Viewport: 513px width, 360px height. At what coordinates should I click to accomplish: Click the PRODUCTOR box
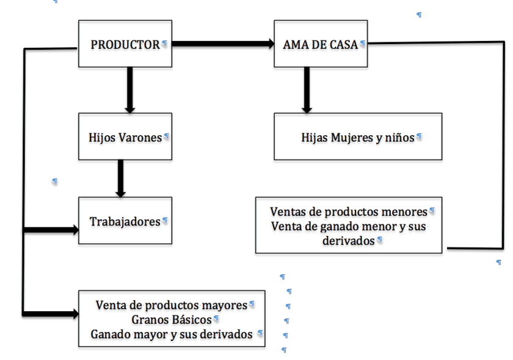[x=125, y=44]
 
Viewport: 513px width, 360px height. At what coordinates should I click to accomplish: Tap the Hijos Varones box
[x=125, y=137]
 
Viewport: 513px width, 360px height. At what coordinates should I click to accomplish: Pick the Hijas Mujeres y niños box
[x=358, y=137]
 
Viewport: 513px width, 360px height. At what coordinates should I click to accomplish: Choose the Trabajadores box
[x=125, y=221]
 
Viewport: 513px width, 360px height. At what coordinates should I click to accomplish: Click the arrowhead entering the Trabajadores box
[x=75, y=230]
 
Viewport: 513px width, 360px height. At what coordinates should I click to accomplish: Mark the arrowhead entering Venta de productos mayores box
[x=75, y=314]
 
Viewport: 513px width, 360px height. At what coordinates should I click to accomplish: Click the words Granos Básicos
[x=171, y=320]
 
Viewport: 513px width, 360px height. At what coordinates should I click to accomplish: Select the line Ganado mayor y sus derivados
[x=172, y=334]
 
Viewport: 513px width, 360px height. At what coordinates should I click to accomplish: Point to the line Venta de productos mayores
[x=172, y=305]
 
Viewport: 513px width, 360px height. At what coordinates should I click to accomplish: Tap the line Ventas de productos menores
[x=348, y=212]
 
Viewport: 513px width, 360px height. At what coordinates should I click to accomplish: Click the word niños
[x=400, y=138]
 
